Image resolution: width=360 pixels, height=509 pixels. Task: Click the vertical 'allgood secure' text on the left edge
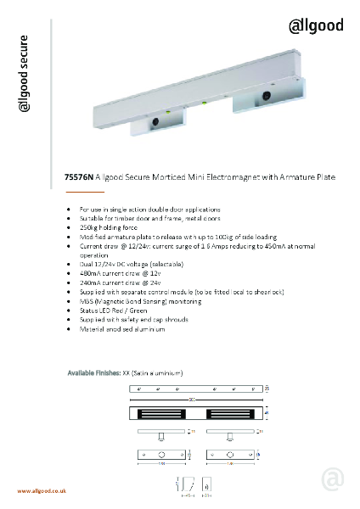[25, 74]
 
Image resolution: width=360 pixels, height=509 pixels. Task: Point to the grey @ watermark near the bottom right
[333, 480]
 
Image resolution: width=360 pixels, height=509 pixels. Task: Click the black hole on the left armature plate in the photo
[156, 122]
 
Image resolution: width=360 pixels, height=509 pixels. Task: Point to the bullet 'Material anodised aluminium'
[122, 328]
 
